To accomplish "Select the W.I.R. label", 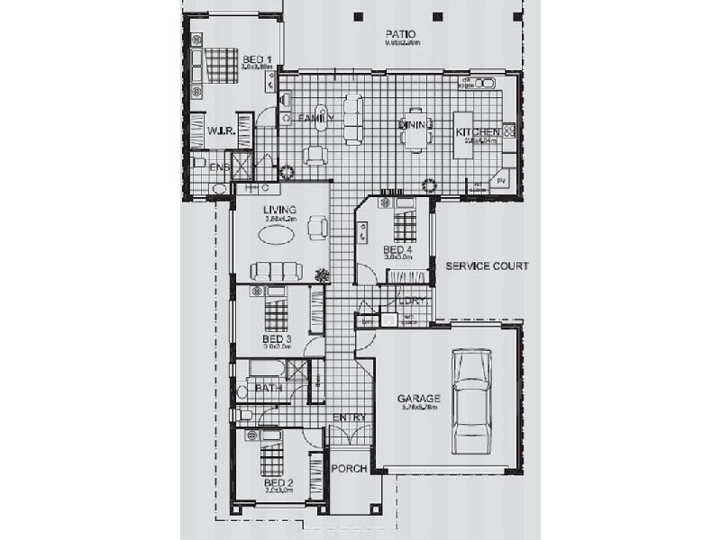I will pos(221,131).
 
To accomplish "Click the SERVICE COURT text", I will pos(487,266).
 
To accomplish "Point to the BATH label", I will pos(269,388).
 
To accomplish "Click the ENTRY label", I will pos(350,418).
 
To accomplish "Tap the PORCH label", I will pos(349,469).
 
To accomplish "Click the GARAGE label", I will pos(418,398).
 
